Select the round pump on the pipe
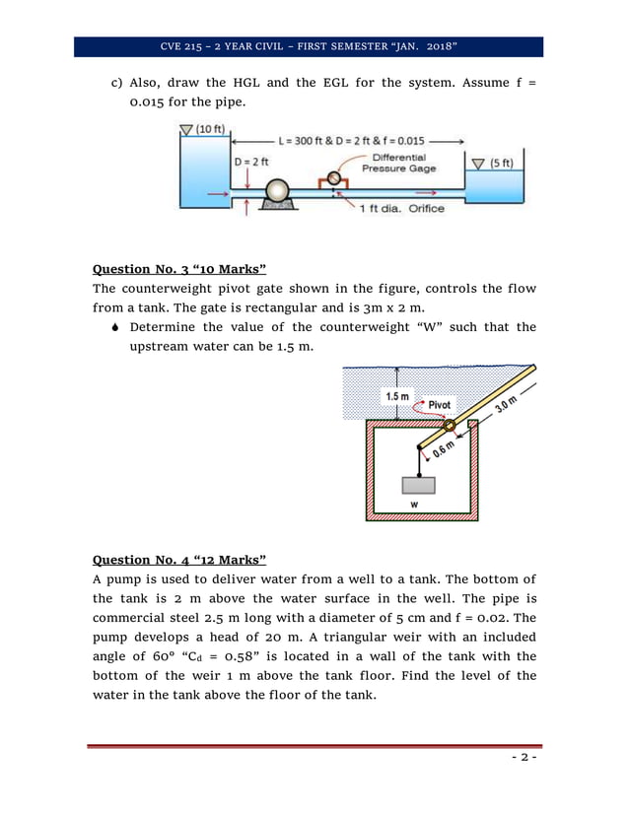point(277,190)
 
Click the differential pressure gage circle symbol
point(334,178)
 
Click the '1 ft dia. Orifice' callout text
point(400,208)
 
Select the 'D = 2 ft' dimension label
point(251,161)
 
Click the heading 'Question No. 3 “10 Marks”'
point(179,268)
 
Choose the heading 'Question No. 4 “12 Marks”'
point(179,559)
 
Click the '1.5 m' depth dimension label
point(394,396)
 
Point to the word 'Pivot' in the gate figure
point(439,404)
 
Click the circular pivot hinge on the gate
point(449,426)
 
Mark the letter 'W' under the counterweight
point(414,504)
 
